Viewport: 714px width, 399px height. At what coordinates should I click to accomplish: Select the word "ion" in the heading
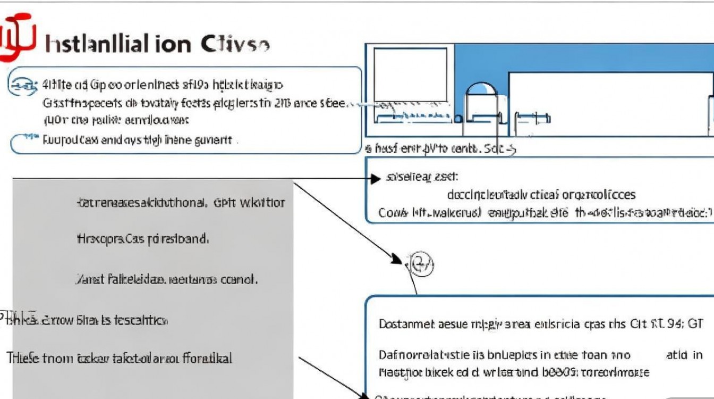[x=174, y=44]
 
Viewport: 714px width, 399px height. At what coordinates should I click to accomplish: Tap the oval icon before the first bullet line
[x=22, y=85]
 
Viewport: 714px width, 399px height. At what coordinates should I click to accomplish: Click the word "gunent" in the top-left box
[x=215, y=140]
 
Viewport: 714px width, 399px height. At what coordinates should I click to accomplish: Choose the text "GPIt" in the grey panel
[x=224, y=203]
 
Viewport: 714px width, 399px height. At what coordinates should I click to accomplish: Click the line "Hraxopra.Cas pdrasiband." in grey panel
[x=142, y=239]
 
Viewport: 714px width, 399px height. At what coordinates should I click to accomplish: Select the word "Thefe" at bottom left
[x=20, y=358]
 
